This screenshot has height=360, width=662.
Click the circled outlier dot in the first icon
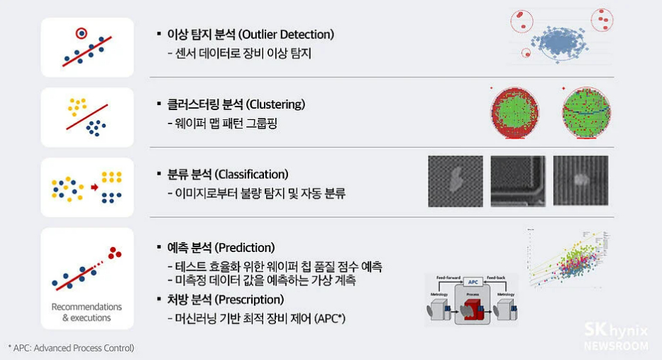pos(82,33)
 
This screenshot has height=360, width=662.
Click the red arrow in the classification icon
pos(94,187)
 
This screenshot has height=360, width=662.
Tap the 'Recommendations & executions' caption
pos(87,312)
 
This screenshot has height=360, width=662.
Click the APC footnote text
pos(71,348)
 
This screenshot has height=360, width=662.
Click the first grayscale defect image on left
pos(456,181)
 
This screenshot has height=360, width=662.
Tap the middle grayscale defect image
pos(518,181)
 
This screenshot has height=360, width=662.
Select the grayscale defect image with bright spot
pos(580,181)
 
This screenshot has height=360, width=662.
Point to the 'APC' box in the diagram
pos(472,282)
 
